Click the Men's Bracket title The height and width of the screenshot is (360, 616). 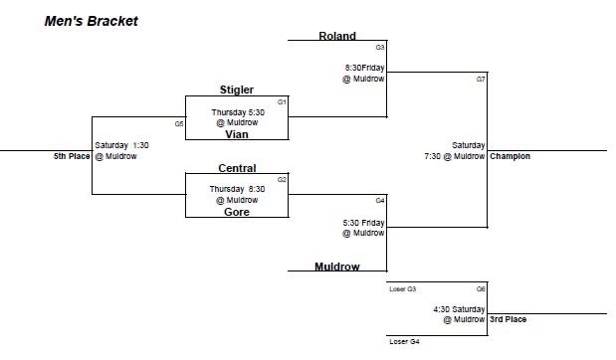92,20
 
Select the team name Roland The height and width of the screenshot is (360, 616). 337,36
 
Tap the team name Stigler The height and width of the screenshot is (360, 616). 237,90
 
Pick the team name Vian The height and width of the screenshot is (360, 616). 237,134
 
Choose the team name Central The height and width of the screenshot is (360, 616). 237,168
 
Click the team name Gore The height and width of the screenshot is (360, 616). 237,212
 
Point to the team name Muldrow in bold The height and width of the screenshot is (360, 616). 336,267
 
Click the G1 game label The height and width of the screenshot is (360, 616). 282,101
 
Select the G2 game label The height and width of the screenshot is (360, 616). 282,179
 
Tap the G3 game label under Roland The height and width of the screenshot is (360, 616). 380,47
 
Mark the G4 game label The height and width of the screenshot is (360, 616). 380,200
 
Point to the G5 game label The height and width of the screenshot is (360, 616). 179,124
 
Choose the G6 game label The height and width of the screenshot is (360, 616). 480,288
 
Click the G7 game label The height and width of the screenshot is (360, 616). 480,79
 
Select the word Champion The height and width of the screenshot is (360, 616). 510,156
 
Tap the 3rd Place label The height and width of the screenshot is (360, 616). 508,319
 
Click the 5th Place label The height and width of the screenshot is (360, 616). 73,156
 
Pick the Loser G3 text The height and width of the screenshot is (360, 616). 402,288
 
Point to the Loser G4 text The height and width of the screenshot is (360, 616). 402,341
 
